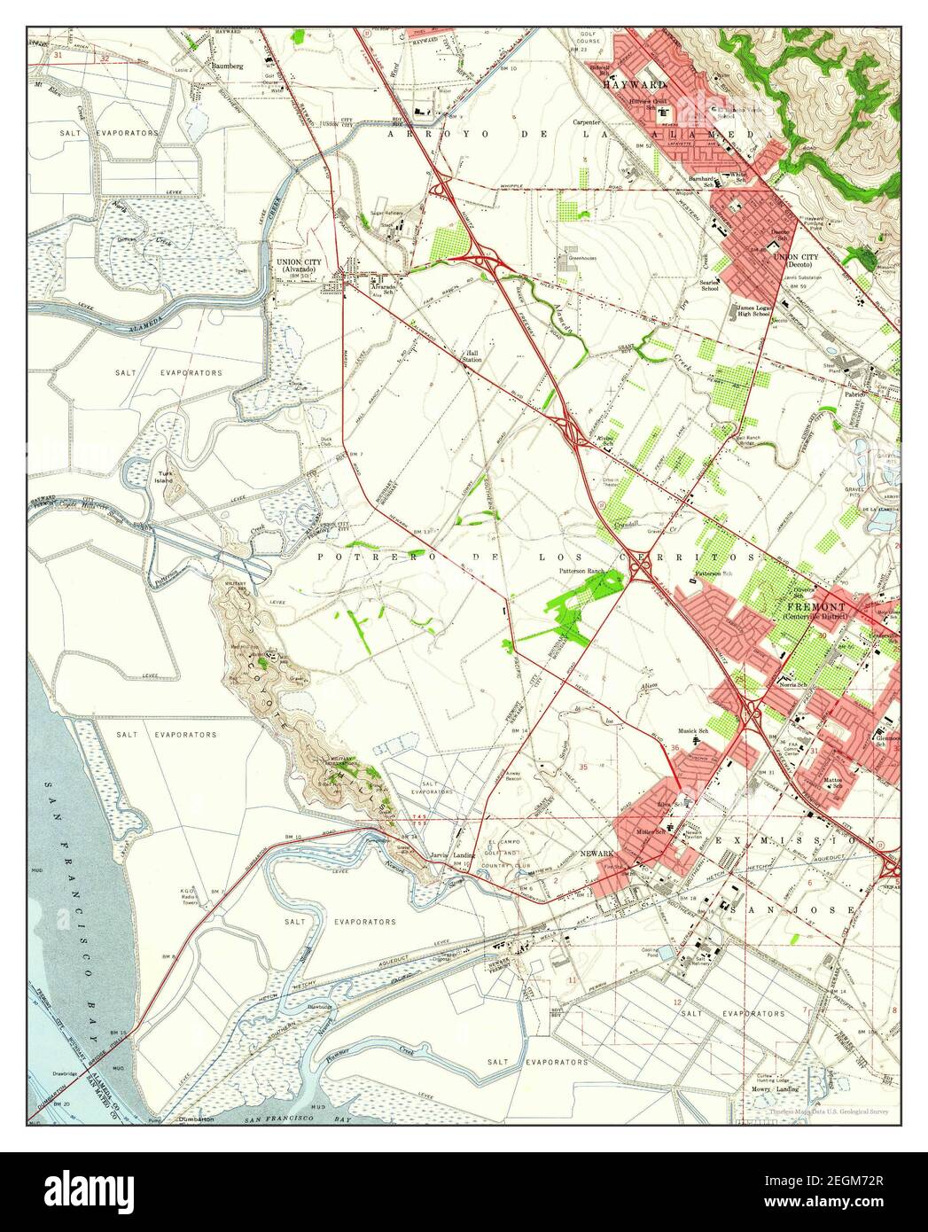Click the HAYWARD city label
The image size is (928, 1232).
point(634,84)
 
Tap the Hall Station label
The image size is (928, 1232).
point(471,355)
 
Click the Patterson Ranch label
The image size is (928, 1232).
point(581,571)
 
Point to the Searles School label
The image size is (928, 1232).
point(710,284)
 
